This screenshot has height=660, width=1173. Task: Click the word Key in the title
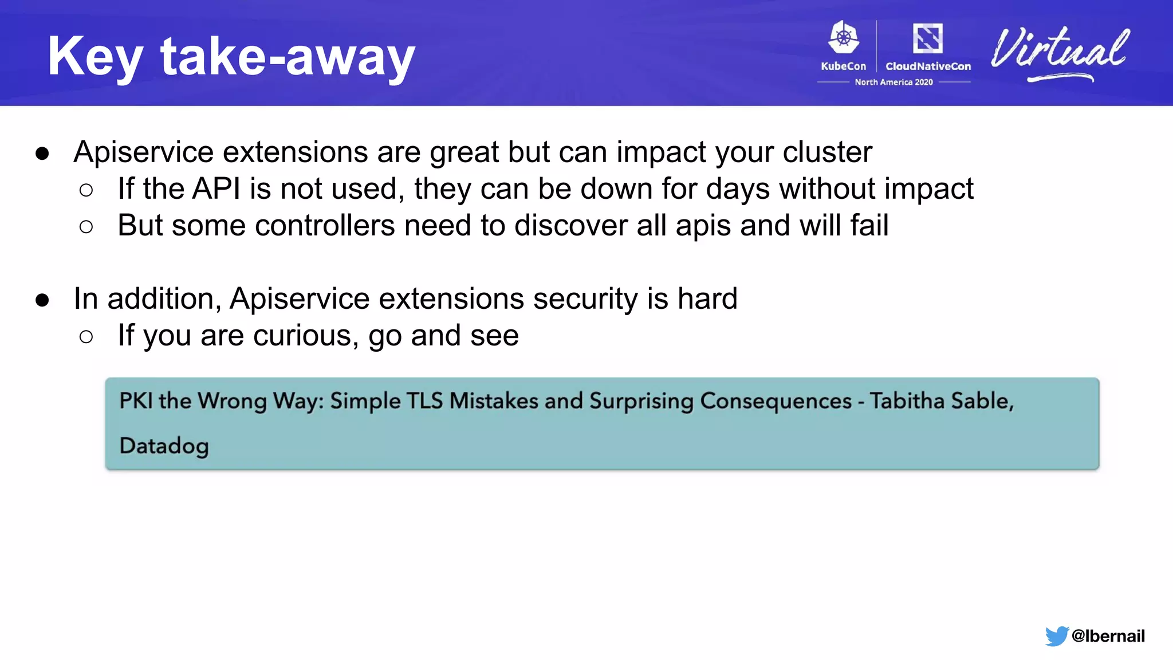point(95,57)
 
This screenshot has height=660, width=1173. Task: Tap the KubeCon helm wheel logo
point(844,38)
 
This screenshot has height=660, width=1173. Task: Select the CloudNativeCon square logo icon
point(927,38)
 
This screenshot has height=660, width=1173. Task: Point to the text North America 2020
point(893,82)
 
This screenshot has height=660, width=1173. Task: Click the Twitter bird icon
point(1056,636)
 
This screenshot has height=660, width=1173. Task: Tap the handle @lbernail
point(1108,636)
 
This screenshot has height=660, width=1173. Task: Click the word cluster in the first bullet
point(827,152)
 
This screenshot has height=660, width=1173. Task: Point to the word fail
point(869,226)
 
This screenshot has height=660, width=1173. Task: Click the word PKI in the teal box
point(135,400)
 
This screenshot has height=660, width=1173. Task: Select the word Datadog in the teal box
point(164,446)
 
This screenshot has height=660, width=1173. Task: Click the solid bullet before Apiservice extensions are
point(42,154)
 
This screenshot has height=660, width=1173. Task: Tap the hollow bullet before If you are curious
point(86,337)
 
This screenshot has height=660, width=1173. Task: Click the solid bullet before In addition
point(42,300)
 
